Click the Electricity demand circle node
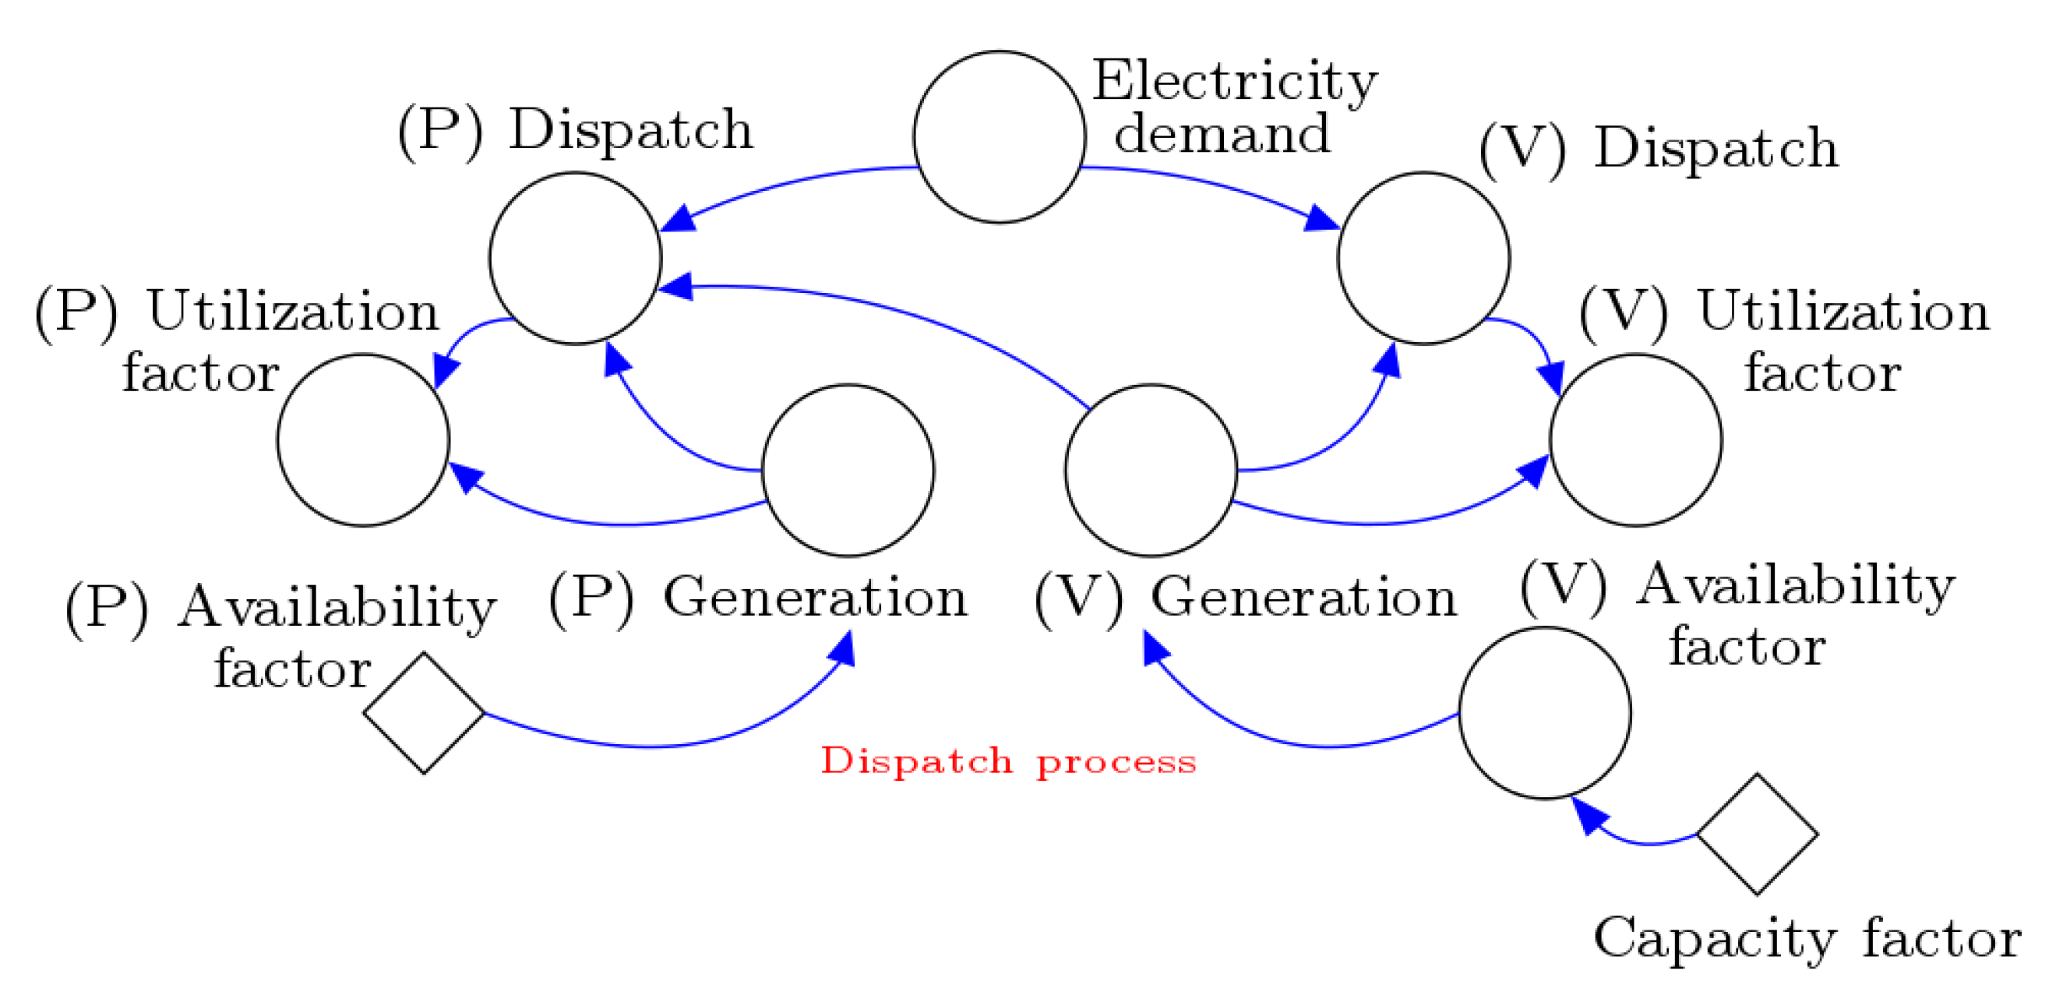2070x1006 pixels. click(x=999, y=136)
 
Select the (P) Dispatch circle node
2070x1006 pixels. click(x=576, y=258)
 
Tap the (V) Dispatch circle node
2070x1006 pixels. click(x=1423, y=258)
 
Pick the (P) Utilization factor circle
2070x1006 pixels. click(x=363, y=440)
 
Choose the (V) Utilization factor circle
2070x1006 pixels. click(x=1635, y=440)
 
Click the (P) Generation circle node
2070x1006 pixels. click(x=848, y=470)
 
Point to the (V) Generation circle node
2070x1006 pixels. click(x=1151, y=470)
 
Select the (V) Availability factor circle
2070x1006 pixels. click(x=1544, y=713)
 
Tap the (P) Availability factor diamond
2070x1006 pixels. click(x=424, y=713)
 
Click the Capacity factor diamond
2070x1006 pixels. click(x=1757, y=834)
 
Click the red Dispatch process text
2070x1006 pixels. click(x=1007, y=760)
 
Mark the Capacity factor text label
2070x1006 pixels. click(x=1807, y=937)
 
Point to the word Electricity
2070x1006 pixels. click(x=1233, y=81)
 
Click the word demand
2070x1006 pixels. click(x=1222, y=134)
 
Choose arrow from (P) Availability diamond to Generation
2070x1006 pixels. click(x=659, y=746)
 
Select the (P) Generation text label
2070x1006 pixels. click(x=758, y=598)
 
